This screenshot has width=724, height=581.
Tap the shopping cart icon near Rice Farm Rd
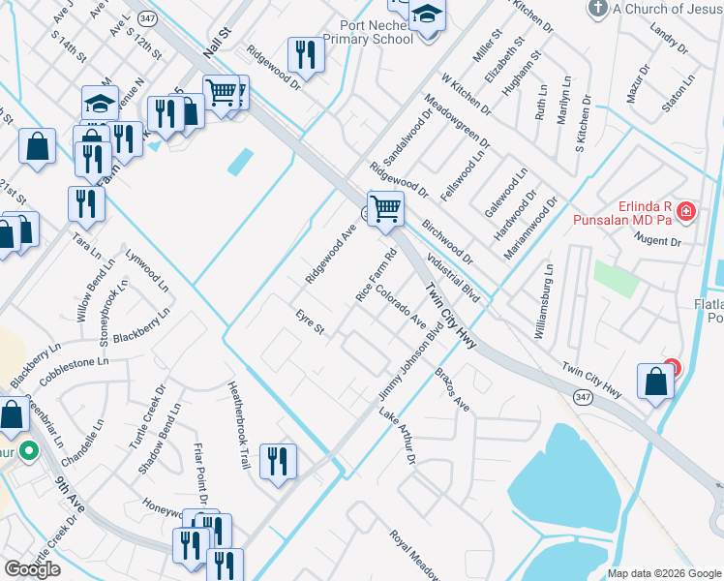pyautogui.click(x=385, y=207)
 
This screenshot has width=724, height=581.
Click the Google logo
pyautogui.click(x=32, y=569)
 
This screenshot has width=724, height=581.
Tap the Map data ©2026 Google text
pyautogui.click(x=664, y=573)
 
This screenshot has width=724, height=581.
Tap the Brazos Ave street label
pyautogui.click(x=451, y=389)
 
